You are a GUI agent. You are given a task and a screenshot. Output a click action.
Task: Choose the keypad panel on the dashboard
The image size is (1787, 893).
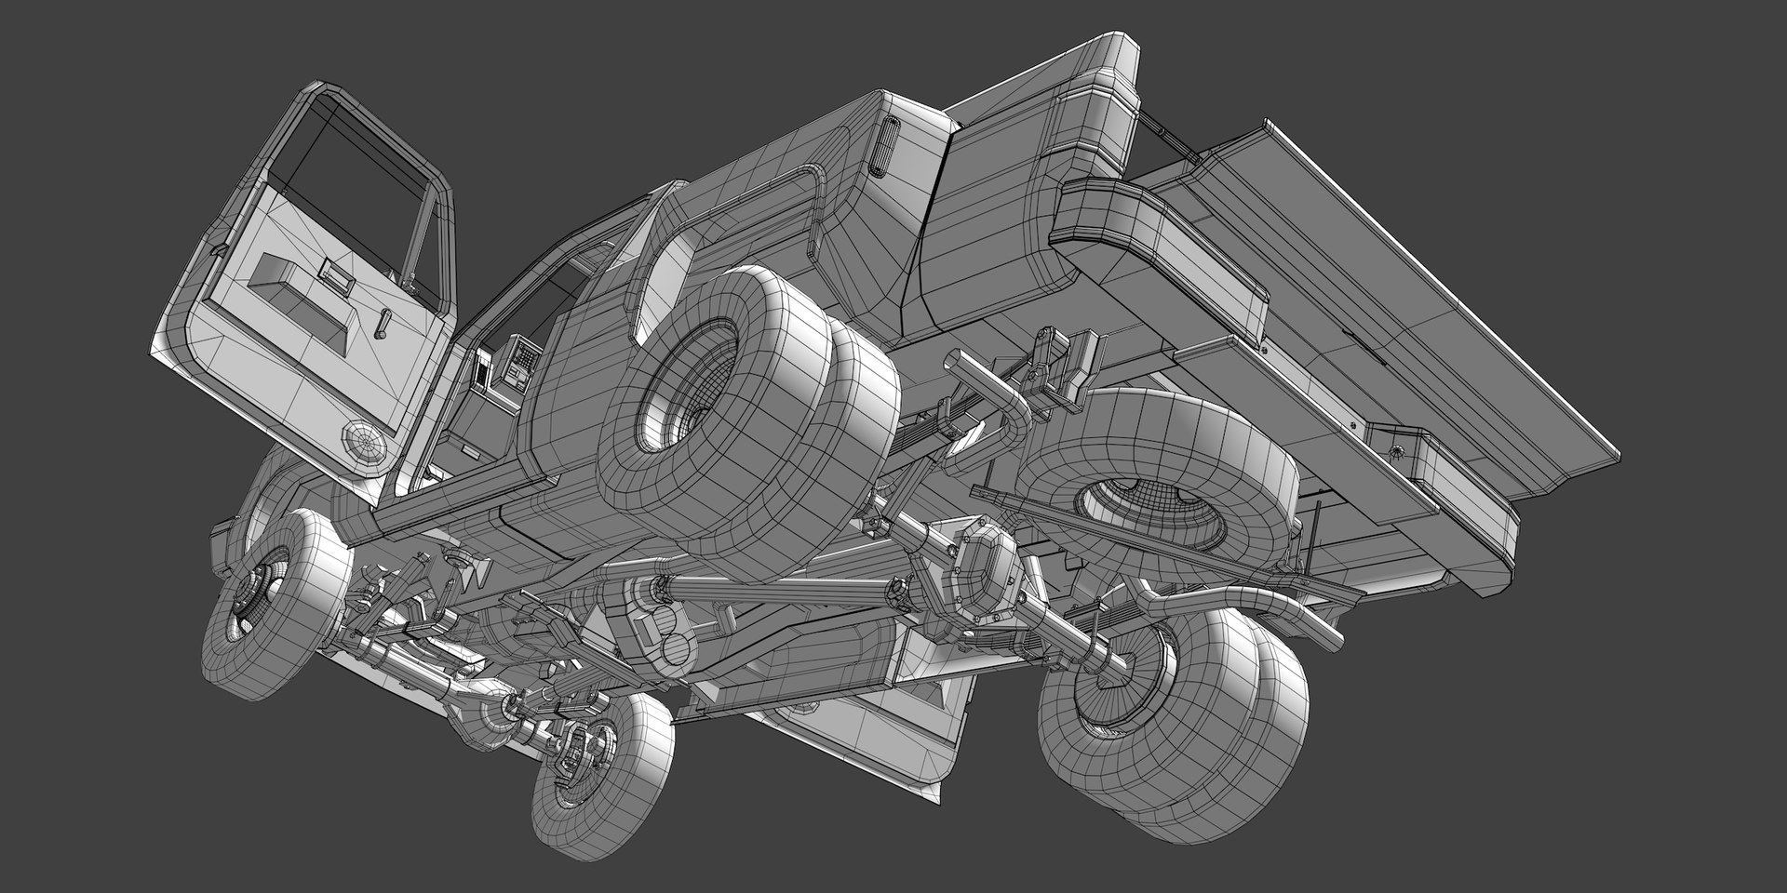click(522, 359)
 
